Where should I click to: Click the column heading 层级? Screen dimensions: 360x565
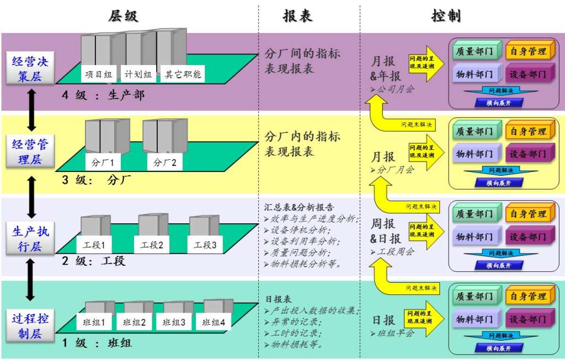tap(123, 16)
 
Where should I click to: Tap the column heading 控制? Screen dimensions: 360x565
tap(446, 16)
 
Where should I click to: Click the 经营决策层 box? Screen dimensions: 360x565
tap(30, 68)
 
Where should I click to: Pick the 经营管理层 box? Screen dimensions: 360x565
tap(30, 152)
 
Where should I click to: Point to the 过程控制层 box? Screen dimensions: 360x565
tap(30, 326)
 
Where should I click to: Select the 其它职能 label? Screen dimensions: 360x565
tap(183, 74)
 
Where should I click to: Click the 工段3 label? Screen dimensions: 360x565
tap(205, 244)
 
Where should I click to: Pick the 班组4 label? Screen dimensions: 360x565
tap(214, 323)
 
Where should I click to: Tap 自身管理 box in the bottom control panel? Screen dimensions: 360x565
tap(527, 297)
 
